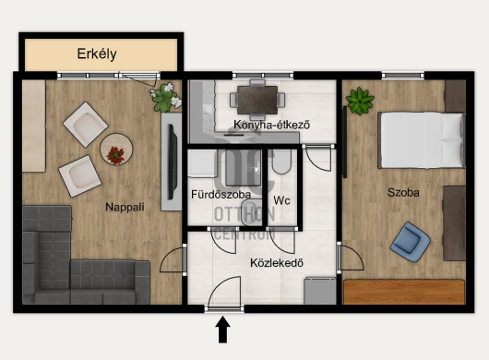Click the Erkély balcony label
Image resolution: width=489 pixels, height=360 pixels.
[x=97, y=54]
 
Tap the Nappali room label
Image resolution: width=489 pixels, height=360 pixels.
[x=125, y=207]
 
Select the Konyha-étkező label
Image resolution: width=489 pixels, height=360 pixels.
[x=271, y=125]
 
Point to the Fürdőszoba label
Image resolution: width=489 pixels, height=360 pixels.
[x=221, y=195]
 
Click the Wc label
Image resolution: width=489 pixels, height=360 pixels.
[x=281, y=200]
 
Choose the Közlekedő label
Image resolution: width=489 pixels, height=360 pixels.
[x=277, y=263]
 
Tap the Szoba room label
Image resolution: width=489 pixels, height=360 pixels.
[x=403, y=193]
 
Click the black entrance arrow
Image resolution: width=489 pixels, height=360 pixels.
[x=222, y=330]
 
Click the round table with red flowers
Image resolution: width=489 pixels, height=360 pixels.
[x=116, y=150]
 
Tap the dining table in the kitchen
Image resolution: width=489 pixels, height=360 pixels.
[x=257, y=100]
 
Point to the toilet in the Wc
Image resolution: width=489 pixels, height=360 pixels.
[x=281, y=162]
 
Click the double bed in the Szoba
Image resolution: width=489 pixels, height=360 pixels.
[x=422, y=140]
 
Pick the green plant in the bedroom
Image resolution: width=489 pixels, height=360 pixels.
[x=360, y=101]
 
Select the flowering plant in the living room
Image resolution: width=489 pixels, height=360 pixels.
[x=166, y=97]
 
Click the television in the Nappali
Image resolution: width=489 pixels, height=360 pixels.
[x=173, y=162]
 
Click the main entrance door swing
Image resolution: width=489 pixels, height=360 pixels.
[x=224, y=293]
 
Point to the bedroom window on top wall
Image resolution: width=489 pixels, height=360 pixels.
[x=402, y=75]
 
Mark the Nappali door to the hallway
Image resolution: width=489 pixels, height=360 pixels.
[x=173, y=259]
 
